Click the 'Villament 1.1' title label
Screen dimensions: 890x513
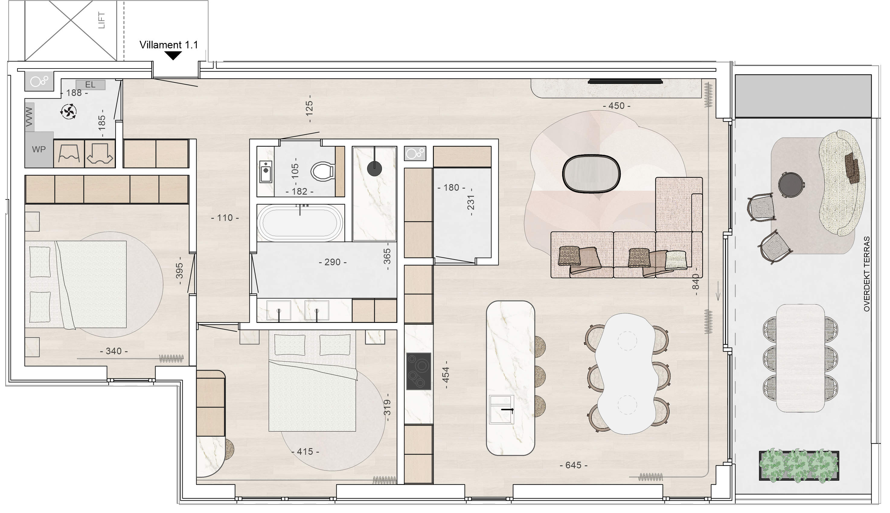pyautogui.click(x=168, y=45)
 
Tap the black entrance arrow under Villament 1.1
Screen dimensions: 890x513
pyautogui.click(x=173, y=55)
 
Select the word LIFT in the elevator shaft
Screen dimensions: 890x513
pyautogui.click(x=101, y=21)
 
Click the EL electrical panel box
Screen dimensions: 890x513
pyautogui.click(x=90, y=84)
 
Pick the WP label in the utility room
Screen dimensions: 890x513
pyautogui.click(x=38, y=149)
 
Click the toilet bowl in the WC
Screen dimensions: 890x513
pyautogui.click(x=322, y=172)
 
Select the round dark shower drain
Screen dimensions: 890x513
pyautogui.click(x=374, y=169)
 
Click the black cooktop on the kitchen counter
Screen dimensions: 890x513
pyautogui.click(x=419, y=371)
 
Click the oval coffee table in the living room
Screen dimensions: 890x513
pyautogui.click(x=591, y=174)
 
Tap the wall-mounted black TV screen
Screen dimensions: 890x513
pyautogui.click(x=625, y=82)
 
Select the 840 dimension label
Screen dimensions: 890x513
pyautogui.click(x=696, y=282)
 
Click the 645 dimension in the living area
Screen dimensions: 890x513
pyautogui.click(x=574, y=465)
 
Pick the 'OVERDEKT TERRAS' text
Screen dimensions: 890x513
pyautogui.click(x=867, y=274)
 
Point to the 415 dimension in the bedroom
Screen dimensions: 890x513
pyautogui.click(x=305, y=451)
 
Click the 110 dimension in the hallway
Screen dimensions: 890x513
pyautogui.click(x=225, y=218)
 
